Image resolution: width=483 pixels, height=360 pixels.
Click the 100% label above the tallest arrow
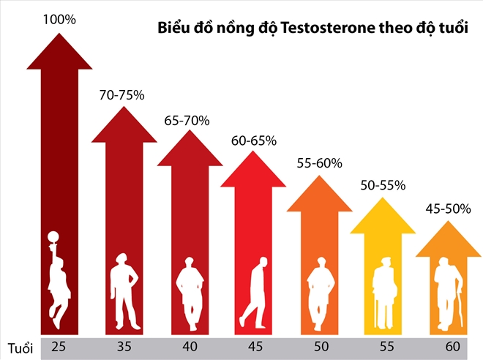pyautogui.click(x=60, y=20)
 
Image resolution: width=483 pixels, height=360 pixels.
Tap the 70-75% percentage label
pyautogui.click(x=123, y=94)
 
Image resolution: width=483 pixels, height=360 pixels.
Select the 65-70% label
pyautogui.click(x=187, y=119)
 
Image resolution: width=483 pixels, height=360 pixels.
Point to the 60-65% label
pyautogui.click(x=252, y=140)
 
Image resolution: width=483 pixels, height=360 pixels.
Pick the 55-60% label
pyautogui.click(x=318, y=162)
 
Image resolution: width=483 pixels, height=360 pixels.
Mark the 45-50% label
pyautogui.click(x=448, y=209)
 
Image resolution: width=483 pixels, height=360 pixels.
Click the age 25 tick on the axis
pyautogui.click(x=59, y=346)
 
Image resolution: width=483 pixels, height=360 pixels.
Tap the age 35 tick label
pyautogui.click(x=124, y=346)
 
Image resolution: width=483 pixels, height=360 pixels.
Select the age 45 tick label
pyautogui.click(x=253, y=346)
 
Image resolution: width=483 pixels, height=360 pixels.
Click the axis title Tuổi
pyautogui.click(x=20, y=346)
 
